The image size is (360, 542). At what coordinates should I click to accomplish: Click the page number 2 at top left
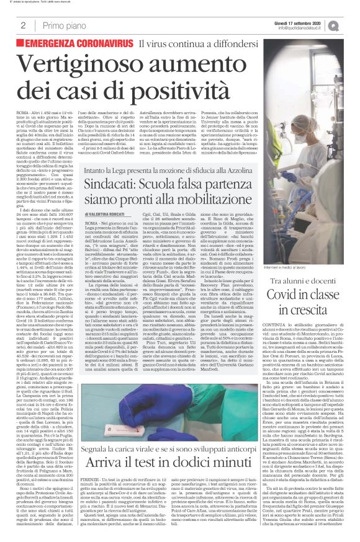click(x=23, y=25)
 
